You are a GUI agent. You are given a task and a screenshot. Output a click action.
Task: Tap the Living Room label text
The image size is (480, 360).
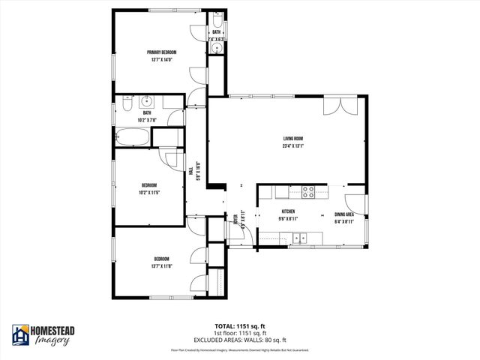point(292,139)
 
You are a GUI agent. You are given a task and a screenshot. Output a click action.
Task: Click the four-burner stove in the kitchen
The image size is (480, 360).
point(307,190)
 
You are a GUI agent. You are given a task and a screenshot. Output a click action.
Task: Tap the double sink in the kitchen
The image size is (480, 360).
point(300,238)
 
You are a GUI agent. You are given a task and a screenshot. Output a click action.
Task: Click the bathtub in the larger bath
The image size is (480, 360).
point(132,137)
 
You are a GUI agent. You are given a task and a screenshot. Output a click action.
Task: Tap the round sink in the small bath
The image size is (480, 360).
point(216,47)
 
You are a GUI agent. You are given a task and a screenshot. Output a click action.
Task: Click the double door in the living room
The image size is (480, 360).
point(334,105)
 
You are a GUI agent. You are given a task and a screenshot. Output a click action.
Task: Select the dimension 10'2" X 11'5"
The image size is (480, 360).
point(150,192)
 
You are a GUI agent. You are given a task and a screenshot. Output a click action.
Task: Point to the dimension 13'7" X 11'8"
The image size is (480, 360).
point(161,265)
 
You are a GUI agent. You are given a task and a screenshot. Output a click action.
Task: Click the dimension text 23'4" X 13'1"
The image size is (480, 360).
point(292,146)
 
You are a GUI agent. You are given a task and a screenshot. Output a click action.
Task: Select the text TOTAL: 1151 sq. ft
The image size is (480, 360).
point(239,326)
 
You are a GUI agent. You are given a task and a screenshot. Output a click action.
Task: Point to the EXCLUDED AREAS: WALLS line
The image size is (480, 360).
point(239,338)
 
